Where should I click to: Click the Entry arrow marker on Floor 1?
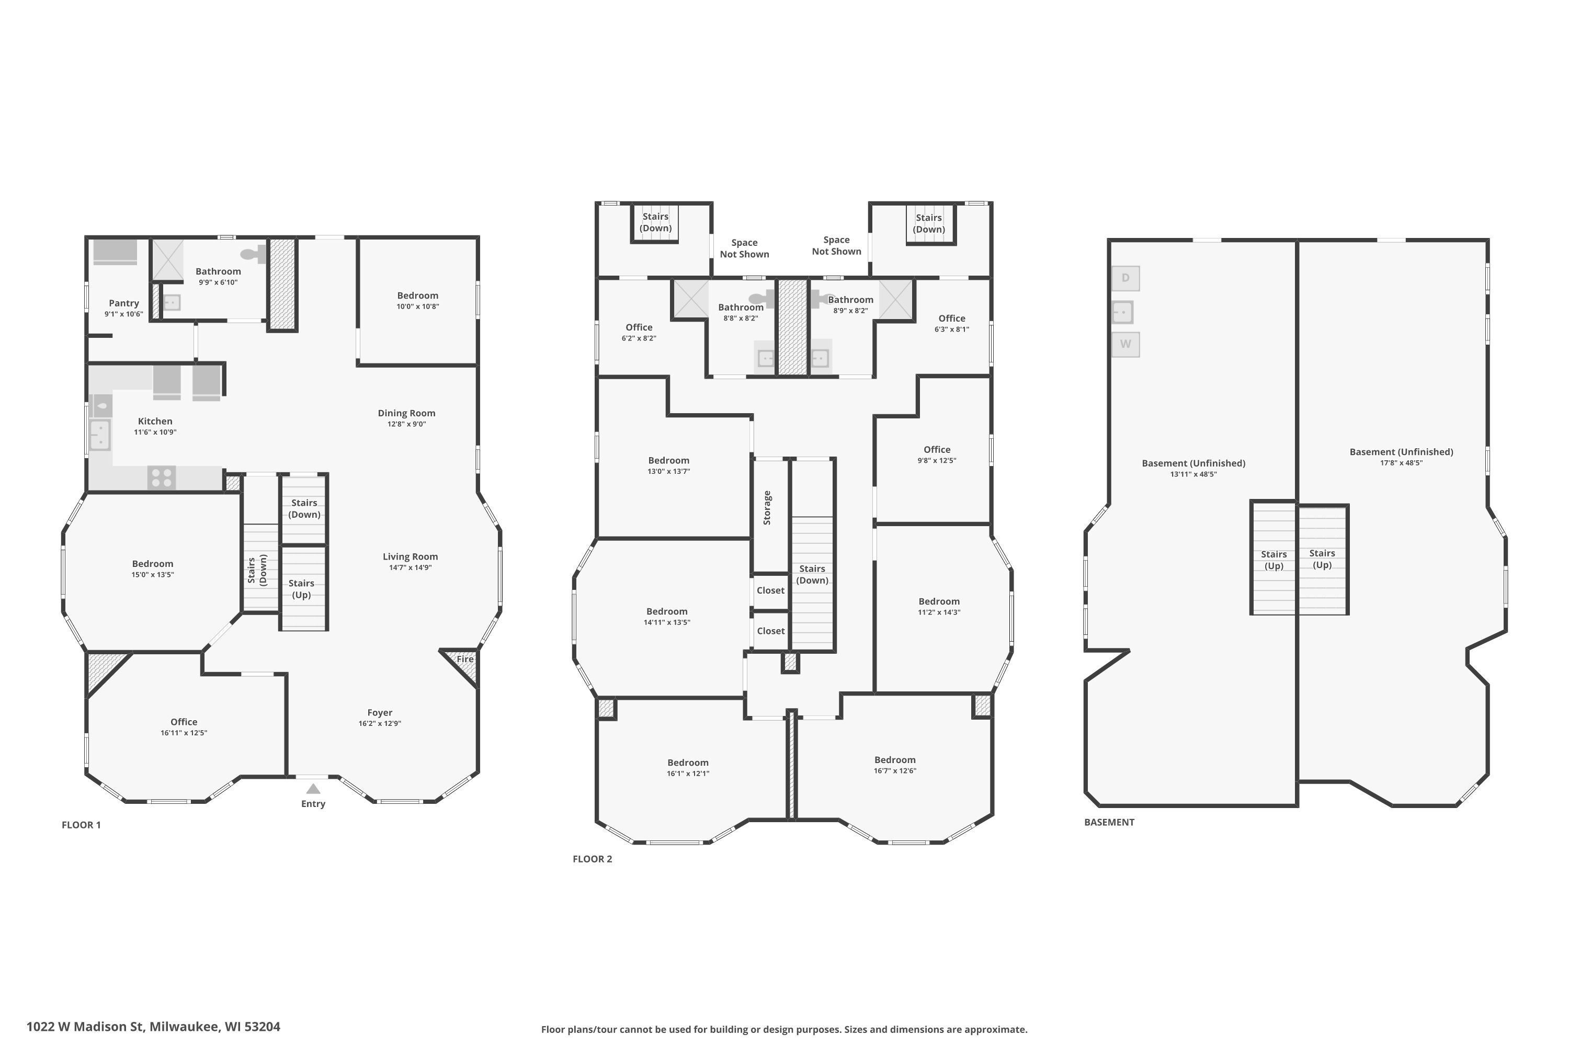pyautogui.click(x=313, y=789)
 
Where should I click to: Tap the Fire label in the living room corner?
pyautogui.click(x=465, y=659)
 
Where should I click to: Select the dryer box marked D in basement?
pyautogui.click(x=1125, y=278)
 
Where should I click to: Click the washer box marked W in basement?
pyautogui.click(x=1125, y=344)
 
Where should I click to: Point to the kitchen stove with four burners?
pyautogui.click(x=162, y=477)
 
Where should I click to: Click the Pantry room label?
pyautogui.click(x=124, y=303)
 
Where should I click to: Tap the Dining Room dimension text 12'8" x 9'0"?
pyautogui.click(x=406, y=424)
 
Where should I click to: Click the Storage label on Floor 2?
pyautogui.click(x=767, y=508)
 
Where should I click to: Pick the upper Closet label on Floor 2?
pyautogui.click(x=770, y=590)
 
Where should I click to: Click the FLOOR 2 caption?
pyautogui.click(x=592, y=859)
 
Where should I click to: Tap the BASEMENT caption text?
pyautogui.click(x=1109, y=823)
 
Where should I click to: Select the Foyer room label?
pyautogui.click(x=380, y=712)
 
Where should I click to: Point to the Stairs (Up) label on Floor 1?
pyautogui.click(x=302, y=589)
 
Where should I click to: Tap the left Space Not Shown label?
pyautogui.click(x=744, y=248)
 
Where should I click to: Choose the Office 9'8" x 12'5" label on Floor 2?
pyautogui.click(x=937, y=454)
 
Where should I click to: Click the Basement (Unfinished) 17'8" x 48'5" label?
pyautogui.click(x=1401, y=456)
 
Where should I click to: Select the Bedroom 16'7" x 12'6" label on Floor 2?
pyautogui.click(x=894, y=765)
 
